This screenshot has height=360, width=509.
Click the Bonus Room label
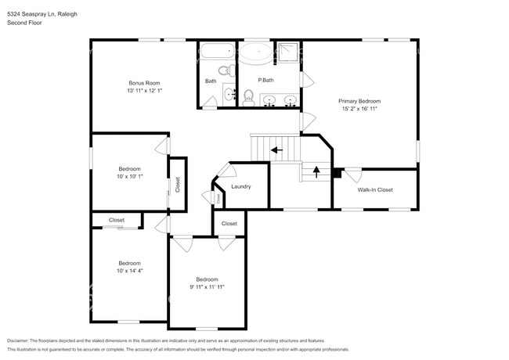(x=144, y=83)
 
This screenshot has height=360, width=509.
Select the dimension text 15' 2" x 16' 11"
(x=359, y=109)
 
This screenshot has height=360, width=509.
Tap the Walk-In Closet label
(x=375, y=189)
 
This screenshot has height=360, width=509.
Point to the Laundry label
(x=240, y=186)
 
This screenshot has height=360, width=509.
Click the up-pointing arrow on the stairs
(x=316, y=171)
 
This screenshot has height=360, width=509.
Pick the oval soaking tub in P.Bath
(x=256, y=54)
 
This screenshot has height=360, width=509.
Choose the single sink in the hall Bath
(x=229, y=95)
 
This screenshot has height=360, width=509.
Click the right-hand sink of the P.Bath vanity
(x=290, y=100)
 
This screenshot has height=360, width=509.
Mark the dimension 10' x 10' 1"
(x=129, y=177)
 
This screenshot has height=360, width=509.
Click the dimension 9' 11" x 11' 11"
(x=207, y=287)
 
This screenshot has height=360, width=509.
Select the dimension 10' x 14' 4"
(x=129, y=271)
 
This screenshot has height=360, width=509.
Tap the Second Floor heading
(x=24, y=23)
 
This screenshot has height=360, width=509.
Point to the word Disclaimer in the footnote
(x=21, y=341)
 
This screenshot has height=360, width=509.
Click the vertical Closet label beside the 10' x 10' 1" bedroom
(x=178, y=184)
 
